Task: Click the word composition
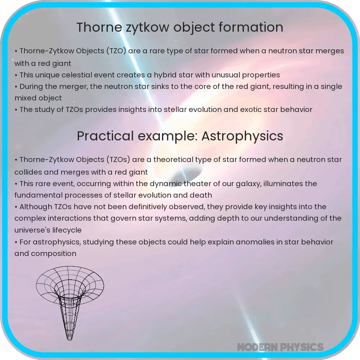54,253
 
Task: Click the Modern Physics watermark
280,347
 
